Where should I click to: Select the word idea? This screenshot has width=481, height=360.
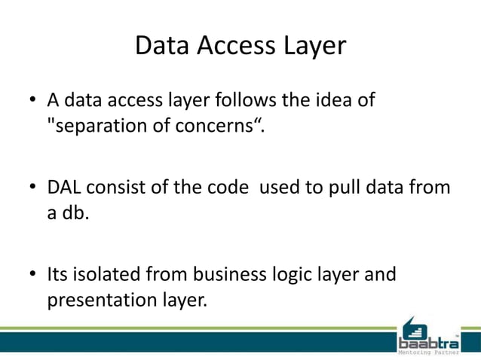click(x=332, y=100)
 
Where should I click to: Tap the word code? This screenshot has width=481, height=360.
click(x=225, y=188)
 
